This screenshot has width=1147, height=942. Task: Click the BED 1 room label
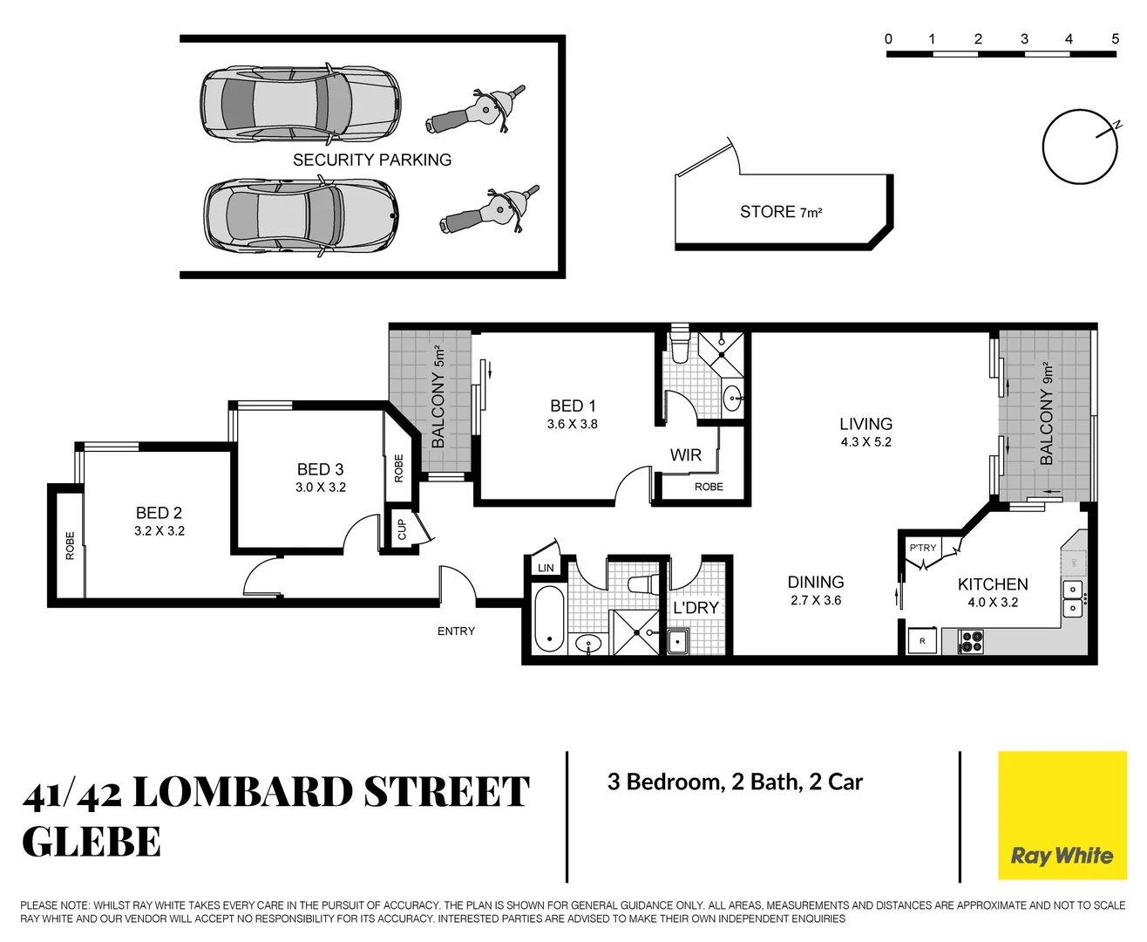(573, 406)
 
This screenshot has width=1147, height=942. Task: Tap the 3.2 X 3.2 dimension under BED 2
(159, 531)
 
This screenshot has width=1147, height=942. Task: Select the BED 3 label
(320, 469)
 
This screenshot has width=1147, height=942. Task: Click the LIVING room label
(865, 424)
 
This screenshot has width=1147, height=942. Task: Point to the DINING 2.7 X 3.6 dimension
(816, 601)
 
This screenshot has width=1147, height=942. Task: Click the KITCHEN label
(993, 584)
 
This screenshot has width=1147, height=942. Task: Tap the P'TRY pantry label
(922, 548)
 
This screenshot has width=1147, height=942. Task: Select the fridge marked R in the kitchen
(922, 641)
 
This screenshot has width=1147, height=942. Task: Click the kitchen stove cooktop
(971, 642)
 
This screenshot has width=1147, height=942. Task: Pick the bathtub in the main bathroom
(549, 619)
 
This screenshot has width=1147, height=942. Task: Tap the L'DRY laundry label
(696, 608)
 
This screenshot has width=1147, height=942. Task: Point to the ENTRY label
(456, 631)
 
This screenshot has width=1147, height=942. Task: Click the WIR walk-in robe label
(686, 455)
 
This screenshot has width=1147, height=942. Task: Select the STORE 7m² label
(781, 212)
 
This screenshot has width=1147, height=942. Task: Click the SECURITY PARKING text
(372, 160)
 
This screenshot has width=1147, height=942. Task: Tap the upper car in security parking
(301, 104)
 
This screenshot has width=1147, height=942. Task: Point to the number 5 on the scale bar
(1115, 38)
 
